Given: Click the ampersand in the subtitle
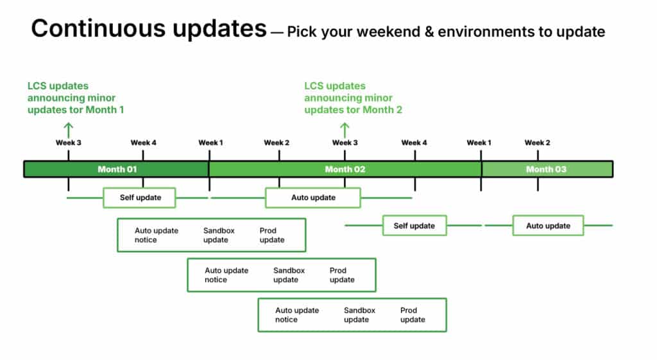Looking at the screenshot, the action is point(429,32).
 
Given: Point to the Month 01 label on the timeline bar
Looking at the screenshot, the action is point(117,169).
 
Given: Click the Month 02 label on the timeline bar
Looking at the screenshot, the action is point(345,169).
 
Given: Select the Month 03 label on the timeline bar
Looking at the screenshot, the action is point(547,169).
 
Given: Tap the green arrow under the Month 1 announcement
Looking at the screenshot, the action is point(68,130).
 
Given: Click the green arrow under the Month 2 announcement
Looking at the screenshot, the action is point(345,130).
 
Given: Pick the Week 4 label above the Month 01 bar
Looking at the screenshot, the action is point(143,142).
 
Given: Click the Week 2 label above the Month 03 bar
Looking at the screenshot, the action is point(537,142).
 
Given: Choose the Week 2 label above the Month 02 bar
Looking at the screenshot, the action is point(277,142).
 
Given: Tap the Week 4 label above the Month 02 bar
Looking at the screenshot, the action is point(414,142).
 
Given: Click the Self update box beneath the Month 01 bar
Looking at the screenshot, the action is point(139,198).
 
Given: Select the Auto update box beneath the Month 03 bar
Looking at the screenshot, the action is point(548,225).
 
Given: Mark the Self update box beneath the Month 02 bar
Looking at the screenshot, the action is point(414,225).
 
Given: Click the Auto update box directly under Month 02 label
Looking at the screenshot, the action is point(313,198).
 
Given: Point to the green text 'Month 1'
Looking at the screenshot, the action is point(105,110).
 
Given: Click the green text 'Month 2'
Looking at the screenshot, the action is point(382,110).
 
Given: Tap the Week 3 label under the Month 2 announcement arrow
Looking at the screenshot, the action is point(345,142).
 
